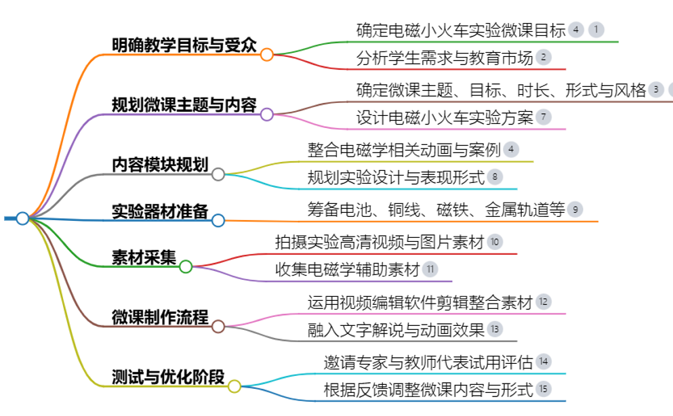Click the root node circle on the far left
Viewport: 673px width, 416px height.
[22, 218]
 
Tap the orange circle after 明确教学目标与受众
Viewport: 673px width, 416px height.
[267, 54]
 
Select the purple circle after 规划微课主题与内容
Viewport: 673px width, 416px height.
[267, 115]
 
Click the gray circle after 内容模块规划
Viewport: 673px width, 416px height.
[218, 174]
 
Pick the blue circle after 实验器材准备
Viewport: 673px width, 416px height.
[218, 220]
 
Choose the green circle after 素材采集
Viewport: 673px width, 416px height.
[186, 267]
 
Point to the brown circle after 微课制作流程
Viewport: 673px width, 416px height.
[218, 327]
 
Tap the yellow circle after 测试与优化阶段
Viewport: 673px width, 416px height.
[234, 386]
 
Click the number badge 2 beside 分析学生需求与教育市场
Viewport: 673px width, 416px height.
[544, 57]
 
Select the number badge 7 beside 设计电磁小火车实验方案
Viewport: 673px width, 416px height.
[544, 117]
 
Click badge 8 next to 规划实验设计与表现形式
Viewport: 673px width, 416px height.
[495, 177]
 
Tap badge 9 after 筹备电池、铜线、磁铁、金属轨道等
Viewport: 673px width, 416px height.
[575, 209]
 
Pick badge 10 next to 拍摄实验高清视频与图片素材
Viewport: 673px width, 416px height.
[495, 242]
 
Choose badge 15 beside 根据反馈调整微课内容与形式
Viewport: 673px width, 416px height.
[544, 389]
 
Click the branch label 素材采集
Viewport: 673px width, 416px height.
[144, 257]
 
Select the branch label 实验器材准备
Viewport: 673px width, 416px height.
[160, 211]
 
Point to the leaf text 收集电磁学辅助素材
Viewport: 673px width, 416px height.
[347, 270]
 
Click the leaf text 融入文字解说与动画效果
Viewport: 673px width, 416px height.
[396, 329]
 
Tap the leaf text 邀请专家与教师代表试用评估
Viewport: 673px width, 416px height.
[428, 362]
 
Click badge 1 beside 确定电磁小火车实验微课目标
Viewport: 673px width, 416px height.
[596, 30]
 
